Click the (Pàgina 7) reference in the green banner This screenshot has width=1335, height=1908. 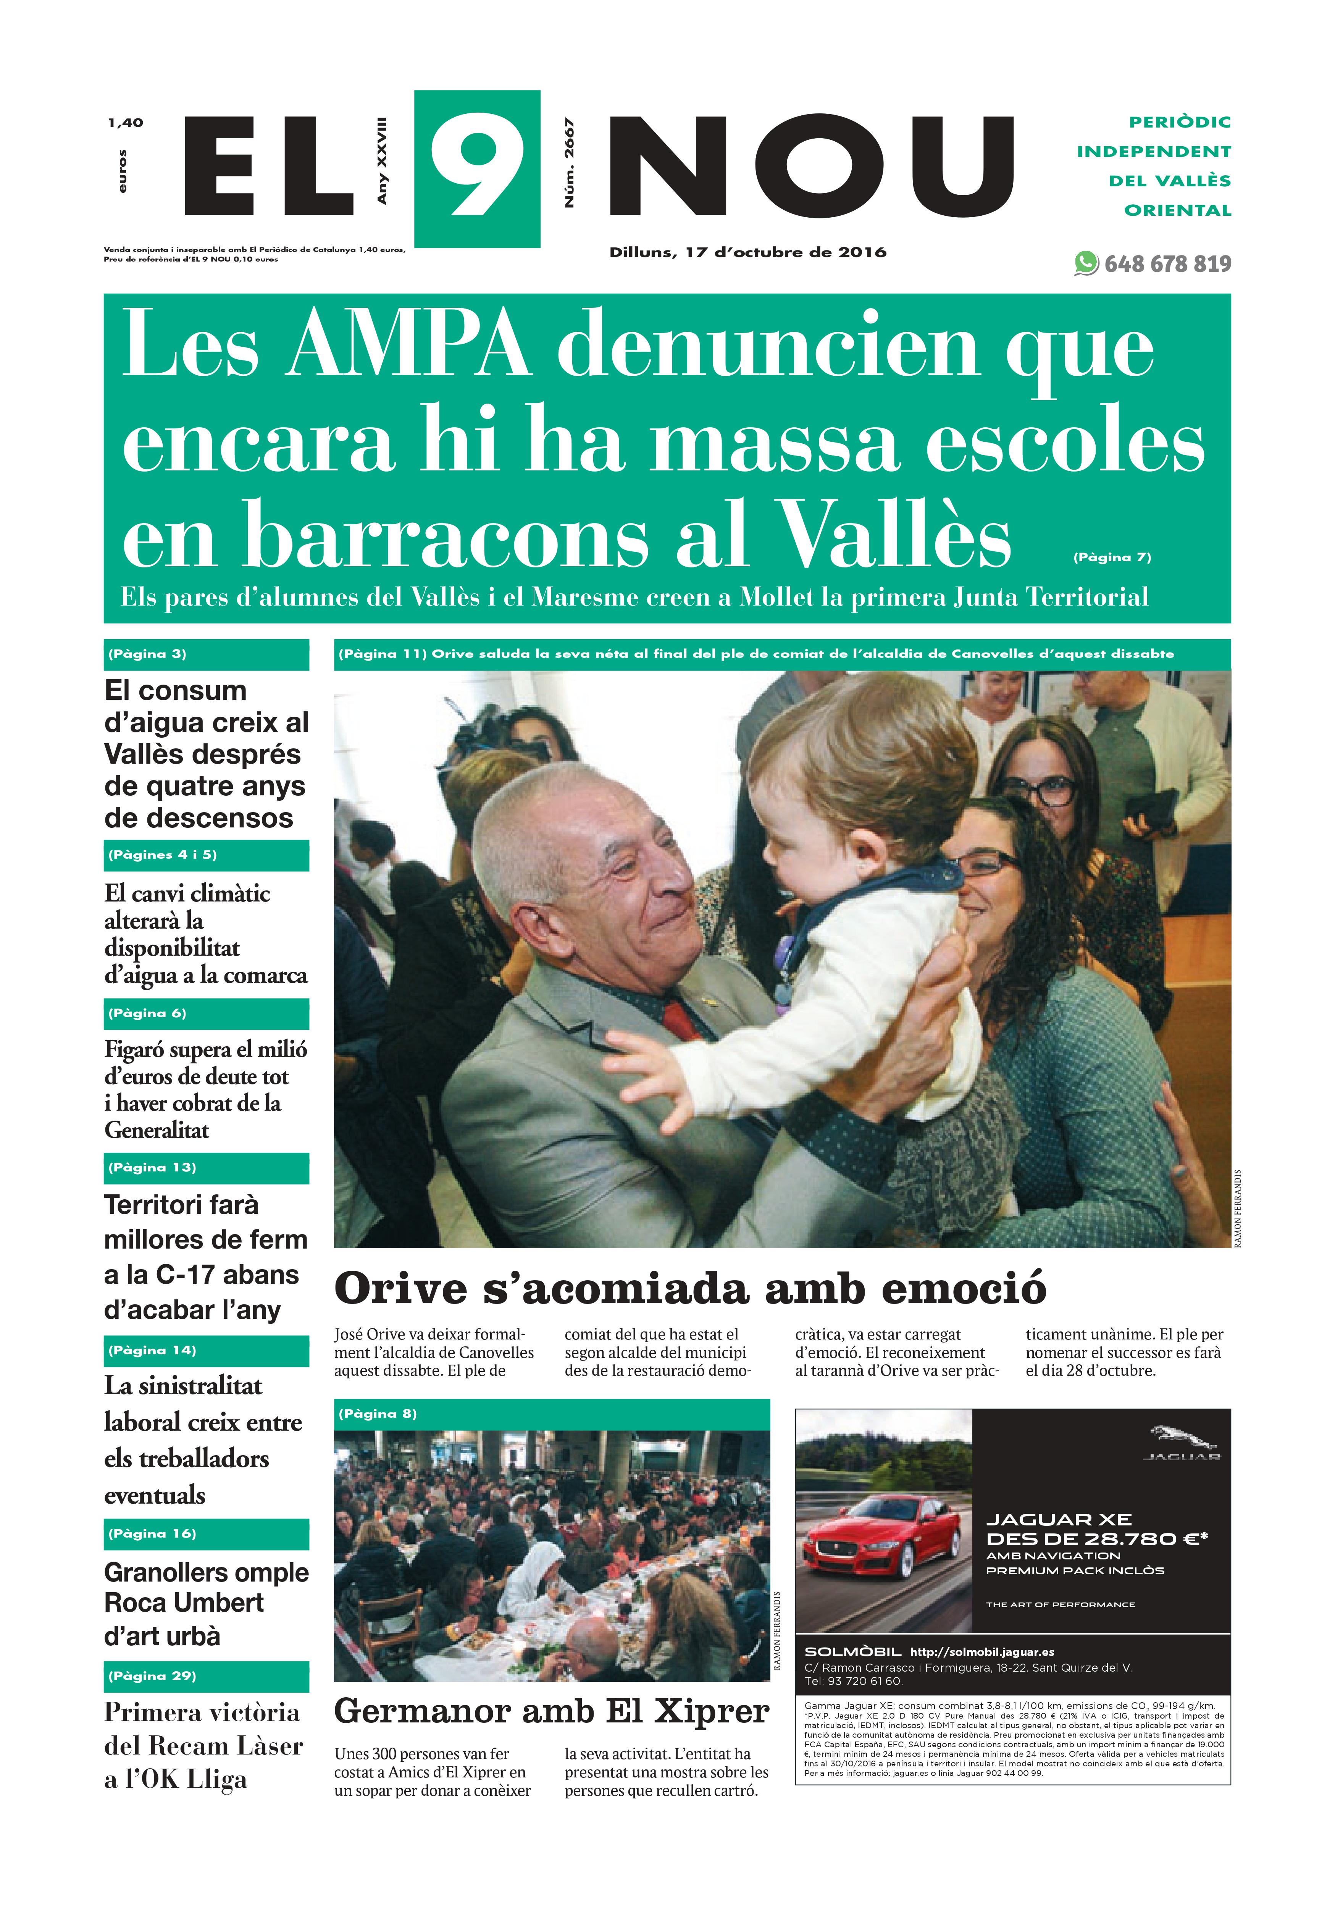[x=1112, y=557]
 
